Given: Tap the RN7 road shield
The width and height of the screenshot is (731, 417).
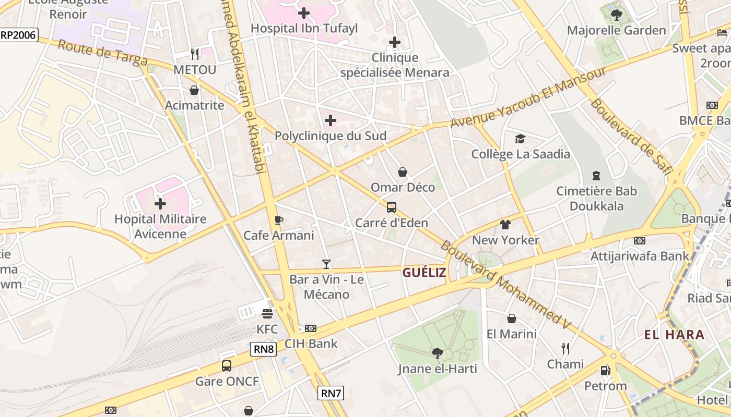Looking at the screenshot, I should (x=331, y=393).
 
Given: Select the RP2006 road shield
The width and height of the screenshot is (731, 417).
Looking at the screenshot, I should (x=19, y=35).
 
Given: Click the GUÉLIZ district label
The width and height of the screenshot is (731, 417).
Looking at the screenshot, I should (x=424, y=272).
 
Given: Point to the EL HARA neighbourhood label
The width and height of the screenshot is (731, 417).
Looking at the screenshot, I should (x=674, y=335).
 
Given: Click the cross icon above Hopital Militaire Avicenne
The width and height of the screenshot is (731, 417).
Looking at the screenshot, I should (x=160, y=203).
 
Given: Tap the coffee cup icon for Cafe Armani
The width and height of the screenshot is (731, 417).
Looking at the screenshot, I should (x=279, y=220).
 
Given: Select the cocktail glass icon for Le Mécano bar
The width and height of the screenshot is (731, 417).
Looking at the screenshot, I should (x=326, y=264).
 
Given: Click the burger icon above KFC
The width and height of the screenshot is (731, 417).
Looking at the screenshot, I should (x=267, y=313).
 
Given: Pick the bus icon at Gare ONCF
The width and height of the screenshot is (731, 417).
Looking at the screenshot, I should (x=226, y=365).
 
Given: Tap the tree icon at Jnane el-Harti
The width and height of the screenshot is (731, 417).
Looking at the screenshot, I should (x=438, y=353).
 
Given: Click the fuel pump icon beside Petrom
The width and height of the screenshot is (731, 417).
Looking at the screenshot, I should (x=605, y=371).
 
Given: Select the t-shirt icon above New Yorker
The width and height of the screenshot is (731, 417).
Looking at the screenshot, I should (x=505, y=225).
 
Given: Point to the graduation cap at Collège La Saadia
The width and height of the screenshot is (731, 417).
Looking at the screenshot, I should (x=520, y=139).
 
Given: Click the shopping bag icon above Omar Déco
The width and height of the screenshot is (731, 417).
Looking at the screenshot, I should (x=403, y=172).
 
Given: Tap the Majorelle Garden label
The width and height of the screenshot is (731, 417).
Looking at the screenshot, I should (x=617, y=30).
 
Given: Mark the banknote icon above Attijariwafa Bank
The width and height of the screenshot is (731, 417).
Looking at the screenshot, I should (x=639, y=241).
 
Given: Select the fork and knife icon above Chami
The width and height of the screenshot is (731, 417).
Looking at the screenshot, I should (x=565, y=348).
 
